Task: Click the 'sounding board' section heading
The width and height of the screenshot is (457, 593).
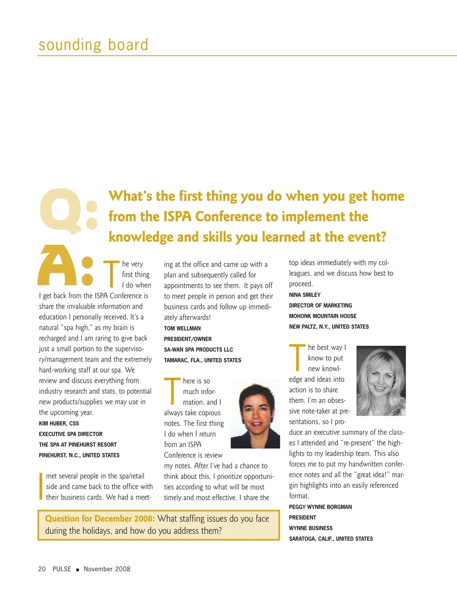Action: click(x=93, y=45)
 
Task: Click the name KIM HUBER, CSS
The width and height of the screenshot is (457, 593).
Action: click(x=59, y=423)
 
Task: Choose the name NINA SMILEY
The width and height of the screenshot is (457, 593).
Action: click(x=305, y=295)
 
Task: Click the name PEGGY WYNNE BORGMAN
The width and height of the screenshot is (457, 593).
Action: click(x=320, y=507)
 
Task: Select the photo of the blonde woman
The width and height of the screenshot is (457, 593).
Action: click(x=381, y=380)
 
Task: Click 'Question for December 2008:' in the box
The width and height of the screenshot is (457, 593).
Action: click(x=100, y=518)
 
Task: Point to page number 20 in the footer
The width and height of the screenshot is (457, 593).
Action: click(x=42, y=569)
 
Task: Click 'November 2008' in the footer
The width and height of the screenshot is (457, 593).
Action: click(x=107, y=569)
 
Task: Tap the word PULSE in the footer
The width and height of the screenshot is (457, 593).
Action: click(x=62, y=569)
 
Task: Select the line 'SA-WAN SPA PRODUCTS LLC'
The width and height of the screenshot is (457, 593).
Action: click(x=199, y=350)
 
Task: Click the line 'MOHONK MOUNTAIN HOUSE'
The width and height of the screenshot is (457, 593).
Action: click(x=323, y=316)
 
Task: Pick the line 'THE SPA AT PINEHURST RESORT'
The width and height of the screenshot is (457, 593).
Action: click(x=78, y=445)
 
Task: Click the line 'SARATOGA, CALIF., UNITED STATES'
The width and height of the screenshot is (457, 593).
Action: click(x=331, y=539)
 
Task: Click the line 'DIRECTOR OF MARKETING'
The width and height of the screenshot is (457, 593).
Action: click(x=320, y=306)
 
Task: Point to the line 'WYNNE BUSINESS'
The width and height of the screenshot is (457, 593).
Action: click(x=311, y=528)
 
